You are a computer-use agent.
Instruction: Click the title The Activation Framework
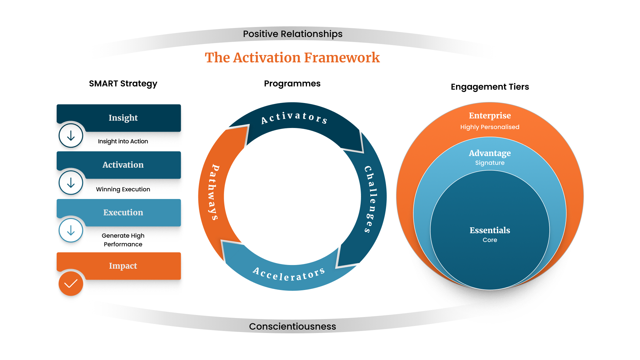click(292, 58)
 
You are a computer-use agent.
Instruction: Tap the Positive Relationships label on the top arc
click(292, 34)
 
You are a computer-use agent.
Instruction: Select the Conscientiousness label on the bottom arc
click(292, 326)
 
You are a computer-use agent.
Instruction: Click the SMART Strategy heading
click(123, 84)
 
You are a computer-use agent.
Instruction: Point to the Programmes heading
click(292, 84)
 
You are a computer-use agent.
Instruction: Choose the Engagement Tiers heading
click(490, 87)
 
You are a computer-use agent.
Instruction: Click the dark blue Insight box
click(123, 118)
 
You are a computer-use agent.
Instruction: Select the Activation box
click(123, 165)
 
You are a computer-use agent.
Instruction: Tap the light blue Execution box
click(123, 212)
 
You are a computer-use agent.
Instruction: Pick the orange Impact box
click(123, 266)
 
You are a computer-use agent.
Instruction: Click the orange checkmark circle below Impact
click(71, 284)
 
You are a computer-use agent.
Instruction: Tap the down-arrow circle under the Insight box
click(71, 136)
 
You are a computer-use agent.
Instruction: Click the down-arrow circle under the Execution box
click(71, 230)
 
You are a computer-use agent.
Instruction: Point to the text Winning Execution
click(123, 189)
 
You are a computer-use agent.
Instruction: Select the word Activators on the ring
click(294, 117)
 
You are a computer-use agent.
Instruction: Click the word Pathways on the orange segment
click(213, 192)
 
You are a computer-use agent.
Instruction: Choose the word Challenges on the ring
click(371, 199)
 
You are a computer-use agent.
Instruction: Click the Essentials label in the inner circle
click(490, 230)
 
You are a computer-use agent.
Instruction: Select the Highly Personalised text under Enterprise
click(490, 127)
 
